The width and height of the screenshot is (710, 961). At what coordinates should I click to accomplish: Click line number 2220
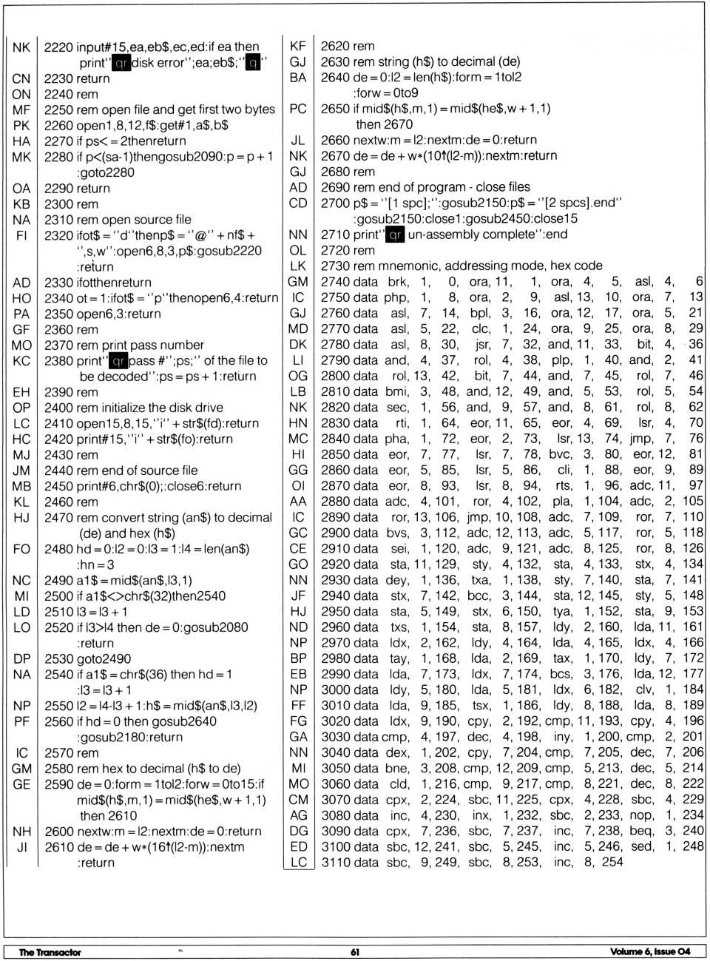pos(58,47)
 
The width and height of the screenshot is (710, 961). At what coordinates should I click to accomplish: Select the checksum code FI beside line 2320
pos(21,235)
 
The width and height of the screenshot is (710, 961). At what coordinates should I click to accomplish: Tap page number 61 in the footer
pos(355,952)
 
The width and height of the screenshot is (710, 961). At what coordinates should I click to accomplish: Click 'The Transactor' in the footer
pos(50,952)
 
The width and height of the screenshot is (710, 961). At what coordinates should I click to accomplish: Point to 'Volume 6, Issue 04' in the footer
pos(650,951)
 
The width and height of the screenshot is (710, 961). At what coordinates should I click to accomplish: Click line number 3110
pos(334,862)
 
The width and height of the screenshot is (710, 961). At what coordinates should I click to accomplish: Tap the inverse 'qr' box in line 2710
pos(395,235)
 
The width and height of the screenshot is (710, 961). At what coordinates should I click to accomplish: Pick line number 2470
pos(58,518)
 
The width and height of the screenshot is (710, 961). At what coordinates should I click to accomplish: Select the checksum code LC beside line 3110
pos(298,862)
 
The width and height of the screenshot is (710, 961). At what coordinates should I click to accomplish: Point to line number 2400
pos(58,408)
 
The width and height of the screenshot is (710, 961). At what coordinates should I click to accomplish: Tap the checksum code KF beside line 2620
pos(298,46)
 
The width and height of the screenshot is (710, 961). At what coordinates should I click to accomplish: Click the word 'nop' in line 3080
pos(641,815)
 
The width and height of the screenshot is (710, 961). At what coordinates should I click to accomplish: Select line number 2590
pos(58,784)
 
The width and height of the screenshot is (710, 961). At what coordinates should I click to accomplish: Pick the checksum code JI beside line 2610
pos(21,847)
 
